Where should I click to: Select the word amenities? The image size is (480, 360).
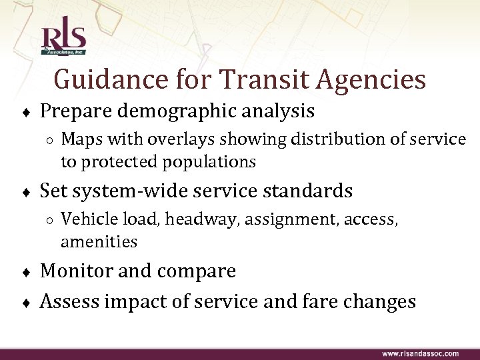tap(99, 241)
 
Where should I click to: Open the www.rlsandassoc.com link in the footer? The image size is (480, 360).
tap(419, 353)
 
